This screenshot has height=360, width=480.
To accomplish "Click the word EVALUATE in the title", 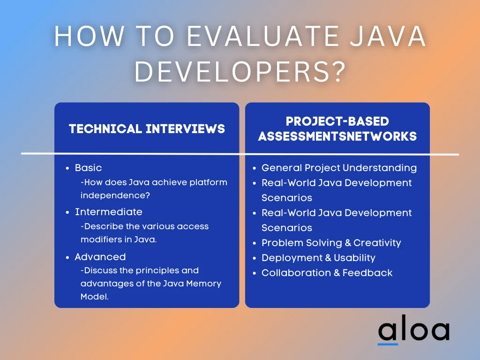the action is pyautogui.click(x=263, y=36).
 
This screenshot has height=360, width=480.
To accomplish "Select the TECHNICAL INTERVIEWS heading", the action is pyautogui.click(x=147, y=129).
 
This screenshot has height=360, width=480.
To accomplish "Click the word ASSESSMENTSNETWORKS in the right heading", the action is pyautogui.click(x=337, y=136).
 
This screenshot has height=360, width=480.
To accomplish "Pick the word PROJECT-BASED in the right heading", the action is pyautogui.click(x=337, y=121).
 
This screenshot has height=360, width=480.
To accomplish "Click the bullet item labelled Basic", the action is pyautogui.click(x=88, y=168).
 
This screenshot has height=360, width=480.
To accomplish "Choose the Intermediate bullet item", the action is pyautogui.click(x=109, y=212).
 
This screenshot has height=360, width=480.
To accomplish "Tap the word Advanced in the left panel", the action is pyautogui.click(x=100, y=257).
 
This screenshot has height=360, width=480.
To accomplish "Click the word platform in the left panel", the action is pyautogui.click(x=208, y=182).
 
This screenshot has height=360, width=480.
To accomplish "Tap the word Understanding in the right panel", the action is pyautogui.click(x=380, y=168).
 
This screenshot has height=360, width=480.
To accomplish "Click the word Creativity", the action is pyautogui.click(x=377, y=243).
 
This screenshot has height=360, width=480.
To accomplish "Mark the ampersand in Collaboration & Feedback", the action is pyautogui.click(x=337, y=273).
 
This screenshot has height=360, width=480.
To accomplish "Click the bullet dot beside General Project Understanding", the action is pyautogui.click(x=254, y=168).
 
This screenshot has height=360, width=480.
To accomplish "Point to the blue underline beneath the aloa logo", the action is pyautogui.click(x=388, y=344).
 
